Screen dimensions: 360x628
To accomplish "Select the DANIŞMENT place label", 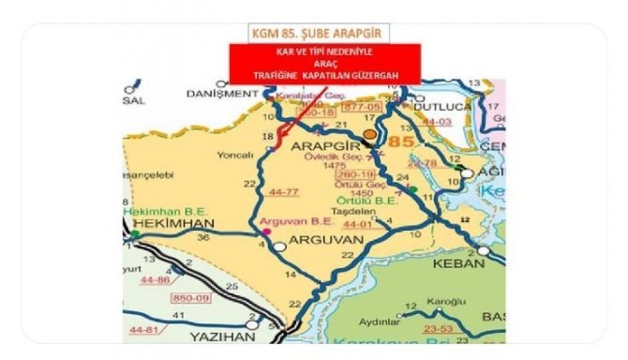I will pyautogui.click(x=221, y=94).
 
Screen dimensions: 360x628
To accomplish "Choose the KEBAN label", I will pyautogui.click(x=458, y=263).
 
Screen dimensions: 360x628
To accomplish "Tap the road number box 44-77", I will pyautogui.click(x=281, y=190).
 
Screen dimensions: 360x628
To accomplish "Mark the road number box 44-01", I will pyautogui.click(x=358, y=225).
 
